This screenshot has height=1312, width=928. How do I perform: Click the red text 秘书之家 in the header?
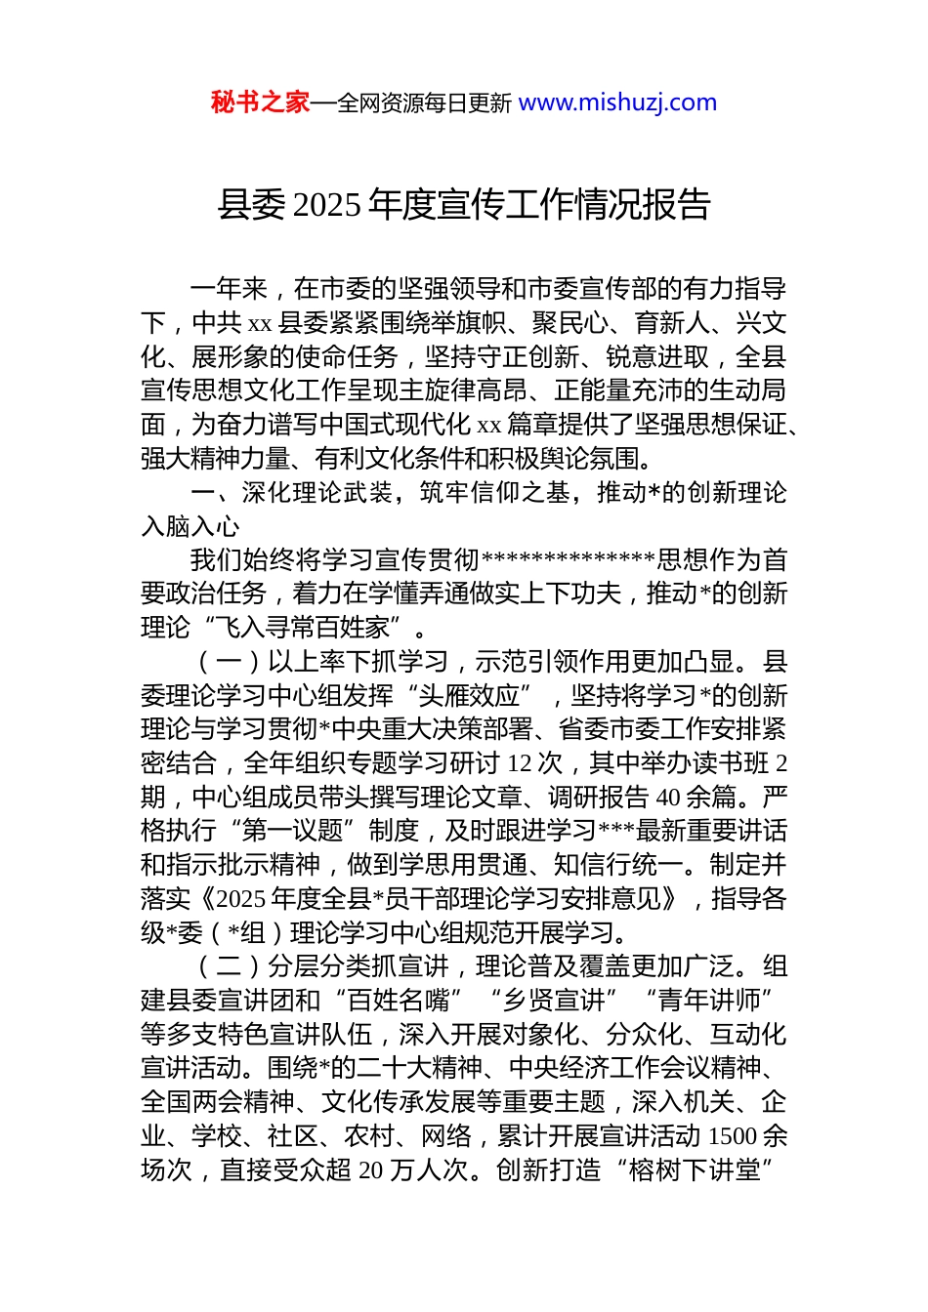point(260,102)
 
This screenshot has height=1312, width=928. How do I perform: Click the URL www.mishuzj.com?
point(617,102)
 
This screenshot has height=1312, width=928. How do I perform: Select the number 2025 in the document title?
point(326,205)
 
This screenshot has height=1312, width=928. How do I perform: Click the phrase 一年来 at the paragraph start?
point(229,289)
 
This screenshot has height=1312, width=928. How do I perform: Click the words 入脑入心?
point(190,526)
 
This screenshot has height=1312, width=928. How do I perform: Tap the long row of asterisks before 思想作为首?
point(569,560)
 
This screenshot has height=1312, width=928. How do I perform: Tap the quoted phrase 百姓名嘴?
point(398,1001)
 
